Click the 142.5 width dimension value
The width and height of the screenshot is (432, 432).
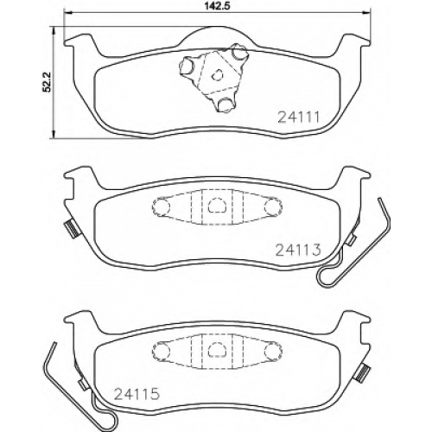218,5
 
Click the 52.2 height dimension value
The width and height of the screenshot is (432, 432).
47,82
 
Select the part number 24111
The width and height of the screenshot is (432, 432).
299,118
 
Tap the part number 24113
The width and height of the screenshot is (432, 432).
298,250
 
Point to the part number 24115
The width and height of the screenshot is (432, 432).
137,394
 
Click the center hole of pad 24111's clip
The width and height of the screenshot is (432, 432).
217,75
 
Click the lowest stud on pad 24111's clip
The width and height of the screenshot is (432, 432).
226,105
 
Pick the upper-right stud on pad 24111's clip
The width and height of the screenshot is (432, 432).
238,52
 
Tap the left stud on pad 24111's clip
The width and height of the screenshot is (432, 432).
187,66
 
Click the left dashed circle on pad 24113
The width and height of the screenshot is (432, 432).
161,206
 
